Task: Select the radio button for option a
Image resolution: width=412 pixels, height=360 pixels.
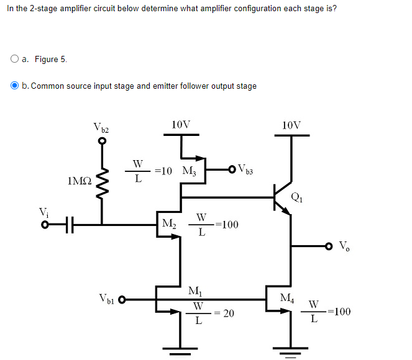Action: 14,60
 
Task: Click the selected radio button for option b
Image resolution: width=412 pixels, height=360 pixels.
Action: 14,86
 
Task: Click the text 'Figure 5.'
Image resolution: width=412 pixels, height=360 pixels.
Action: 50,60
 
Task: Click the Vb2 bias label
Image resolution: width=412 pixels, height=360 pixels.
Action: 101,129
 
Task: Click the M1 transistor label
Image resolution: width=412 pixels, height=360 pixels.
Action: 195,290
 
